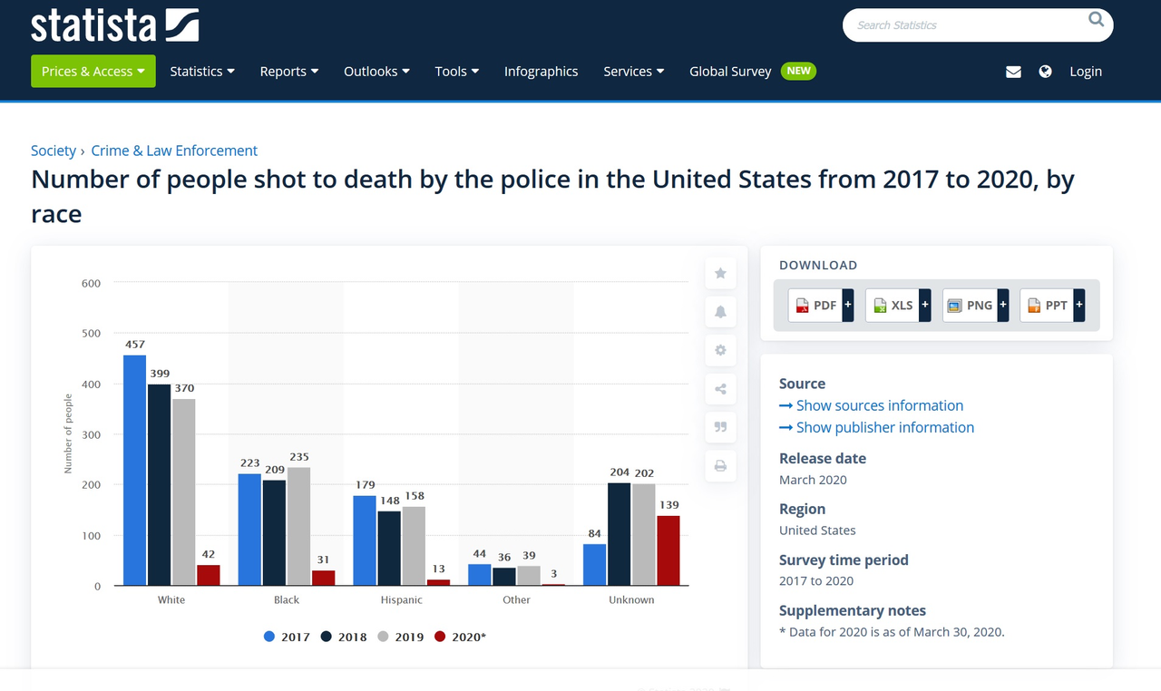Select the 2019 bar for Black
(298, 526)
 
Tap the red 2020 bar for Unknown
(668, 550)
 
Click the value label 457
(135, 345)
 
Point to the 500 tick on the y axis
(91, 334)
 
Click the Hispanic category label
(401, 599)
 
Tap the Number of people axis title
(68, 433)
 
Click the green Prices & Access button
(93, 72)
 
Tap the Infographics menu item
(541, 72)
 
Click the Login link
(1085, 72)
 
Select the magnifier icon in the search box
(1097, 19)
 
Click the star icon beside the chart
(720, 273)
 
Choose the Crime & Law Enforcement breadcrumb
(174, 151)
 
